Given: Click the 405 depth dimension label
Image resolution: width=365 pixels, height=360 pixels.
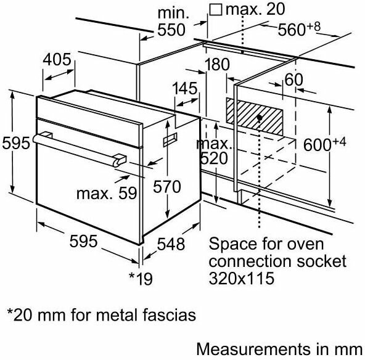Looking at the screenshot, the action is pos(57,60).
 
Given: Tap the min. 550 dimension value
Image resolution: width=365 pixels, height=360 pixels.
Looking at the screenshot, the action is pos(171,30).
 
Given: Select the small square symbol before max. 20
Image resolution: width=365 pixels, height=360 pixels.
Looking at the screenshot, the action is pos(216,9).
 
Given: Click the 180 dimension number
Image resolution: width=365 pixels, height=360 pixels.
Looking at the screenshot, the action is pos(217,65).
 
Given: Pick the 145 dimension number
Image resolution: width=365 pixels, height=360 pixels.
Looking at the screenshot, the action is pos(185,88).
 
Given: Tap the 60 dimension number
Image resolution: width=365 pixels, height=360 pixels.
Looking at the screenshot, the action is pos(293,80).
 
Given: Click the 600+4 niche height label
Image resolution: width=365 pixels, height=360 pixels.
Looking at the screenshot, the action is pos(325,144).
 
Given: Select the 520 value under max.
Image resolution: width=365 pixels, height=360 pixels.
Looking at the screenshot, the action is pos(214,158).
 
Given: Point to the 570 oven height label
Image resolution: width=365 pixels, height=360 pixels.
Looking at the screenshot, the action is pos(167,187).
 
